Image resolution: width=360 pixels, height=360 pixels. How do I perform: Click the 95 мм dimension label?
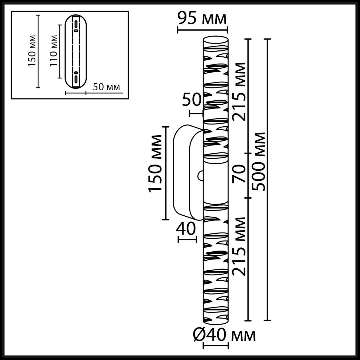pyautogui.click(x=202, y=19)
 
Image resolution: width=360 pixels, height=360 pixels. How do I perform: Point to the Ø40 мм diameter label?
pyautogui.click(x=223, y=336)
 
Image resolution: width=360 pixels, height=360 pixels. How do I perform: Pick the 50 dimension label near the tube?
pyautogui.click(x=192, y=100)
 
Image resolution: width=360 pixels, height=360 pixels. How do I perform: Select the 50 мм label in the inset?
pyautogui.click(x=106, y=87)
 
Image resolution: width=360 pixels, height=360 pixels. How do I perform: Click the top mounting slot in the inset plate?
pyautogui.click(x=76, y=25)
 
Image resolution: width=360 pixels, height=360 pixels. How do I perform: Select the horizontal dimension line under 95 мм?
pyautogui.click(x=202, y=30)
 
